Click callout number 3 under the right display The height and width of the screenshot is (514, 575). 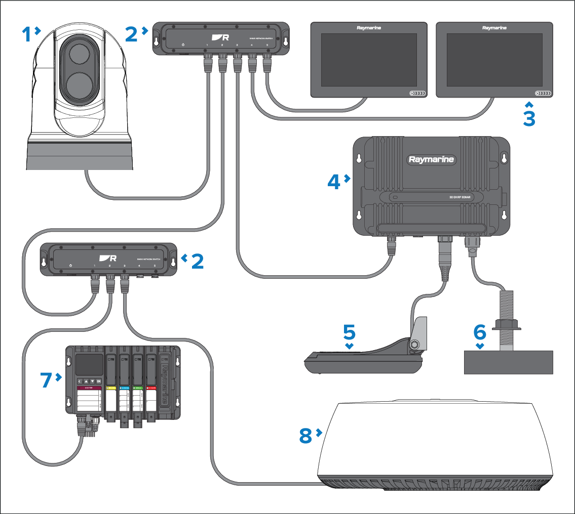pyautogui.click(x=529, y=118)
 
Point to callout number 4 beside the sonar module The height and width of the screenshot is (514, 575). pyautogui.click(x=333, y=182)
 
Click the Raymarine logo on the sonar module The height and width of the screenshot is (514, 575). pyautogui.click(x=432, y=160)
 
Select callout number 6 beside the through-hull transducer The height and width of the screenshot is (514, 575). pyautogui.click(x=479, y=332)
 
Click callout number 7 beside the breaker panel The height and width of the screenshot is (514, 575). pyautogui.click(x=47, y=379)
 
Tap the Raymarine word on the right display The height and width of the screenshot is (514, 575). pyautogui.click(x=494, y=28)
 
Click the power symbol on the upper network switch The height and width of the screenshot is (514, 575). pyautogui.click(x=183, y=46)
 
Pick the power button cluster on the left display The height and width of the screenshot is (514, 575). pyautogui.click(x=417, y=94)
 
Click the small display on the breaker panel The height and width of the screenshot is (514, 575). pyautogui.click(x=88, y=364)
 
